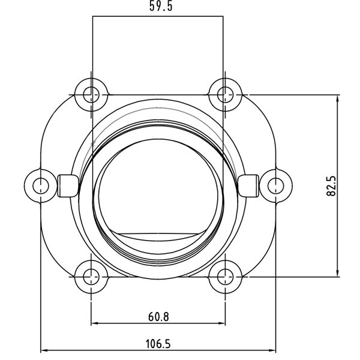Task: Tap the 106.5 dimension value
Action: (x=158, y=343)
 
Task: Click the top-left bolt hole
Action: (x=91, y=94)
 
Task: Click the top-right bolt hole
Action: (x=225, y=94)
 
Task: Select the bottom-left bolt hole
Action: (x=91, y=277)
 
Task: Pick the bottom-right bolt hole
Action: (x=225, y=277)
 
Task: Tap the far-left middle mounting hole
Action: (x=40, y=184)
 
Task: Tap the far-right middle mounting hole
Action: (x=275, y=184)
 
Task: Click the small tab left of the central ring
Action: (x=68, y=185)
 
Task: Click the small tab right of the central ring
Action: (x=247, y=185)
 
